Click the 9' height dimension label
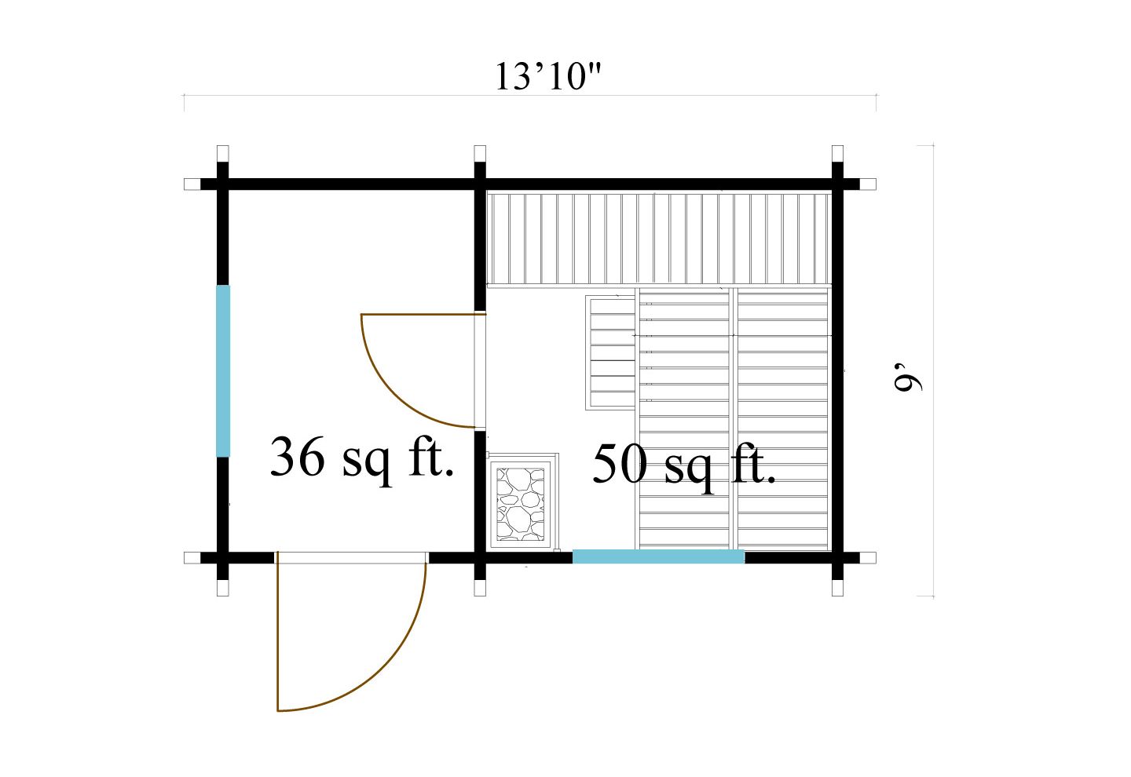pyautogui.click(x=908, y=376)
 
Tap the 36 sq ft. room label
pyautogui.click(x=362, y=458)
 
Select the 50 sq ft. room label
pyautogui.click(x=684, y=464)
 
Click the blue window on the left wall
pyautogui.click(x=223, y=370)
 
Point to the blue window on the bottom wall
pyautogui.click(x=658, y=556)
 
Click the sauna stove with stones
pyautogui.click(x=521, y=503)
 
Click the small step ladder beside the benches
pyautogui.click(x=610, y=352)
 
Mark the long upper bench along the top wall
pyautogui.click(x=657, y=239)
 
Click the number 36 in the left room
pyautogui.click(x=297, y=457)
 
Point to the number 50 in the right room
pyautogui.click(x=620, y=464)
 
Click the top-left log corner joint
pyautogui.click(x=222, y=184)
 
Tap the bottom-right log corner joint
pyautogui.click(x=837, y=558)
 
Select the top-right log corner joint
pyautogui.click(x=837, y=184)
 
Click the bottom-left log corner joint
pyautogui.click(x=222, y=558)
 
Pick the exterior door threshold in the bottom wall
pyautogui.click(x=351, y=557)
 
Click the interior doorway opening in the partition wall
pyautogui.click(x=480, y=371)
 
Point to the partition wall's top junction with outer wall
pyautogui.click(x=480, y=184)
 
